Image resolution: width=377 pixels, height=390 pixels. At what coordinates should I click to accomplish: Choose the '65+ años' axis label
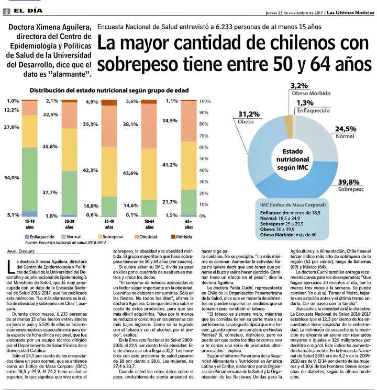188,224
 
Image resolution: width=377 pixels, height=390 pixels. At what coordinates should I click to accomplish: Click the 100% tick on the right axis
205,100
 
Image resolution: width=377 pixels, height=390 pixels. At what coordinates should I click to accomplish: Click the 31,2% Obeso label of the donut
249,114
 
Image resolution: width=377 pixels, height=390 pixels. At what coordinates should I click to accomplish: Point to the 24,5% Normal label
346,129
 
